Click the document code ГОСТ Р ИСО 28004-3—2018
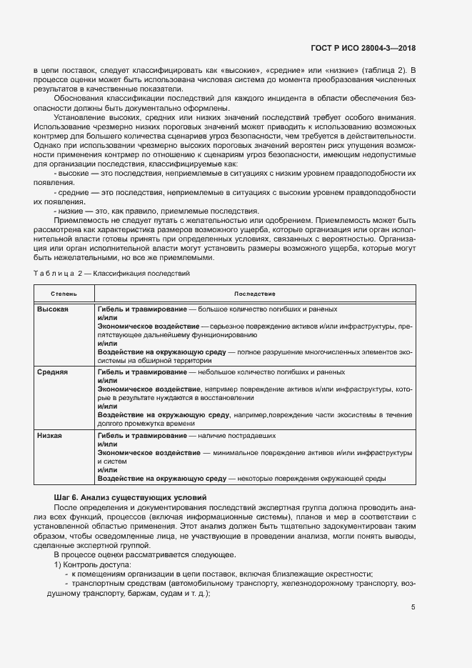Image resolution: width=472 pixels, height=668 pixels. pos(363,49)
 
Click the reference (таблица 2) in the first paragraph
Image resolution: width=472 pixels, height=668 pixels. pos(386,69)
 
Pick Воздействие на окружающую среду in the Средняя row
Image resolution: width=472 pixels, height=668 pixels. pos(163,414)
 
